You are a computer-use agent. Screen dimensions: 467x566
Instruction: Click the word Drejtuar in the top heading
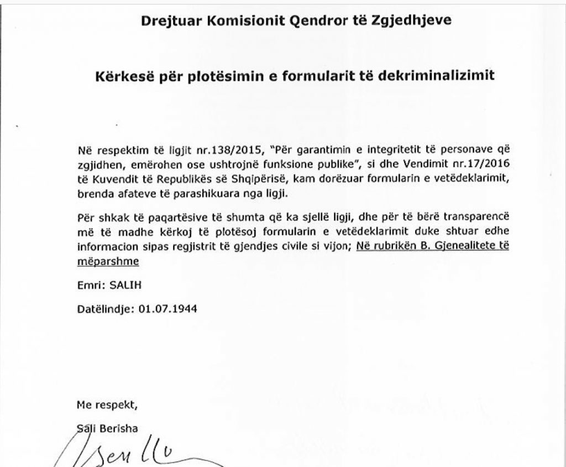(164, 22)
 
